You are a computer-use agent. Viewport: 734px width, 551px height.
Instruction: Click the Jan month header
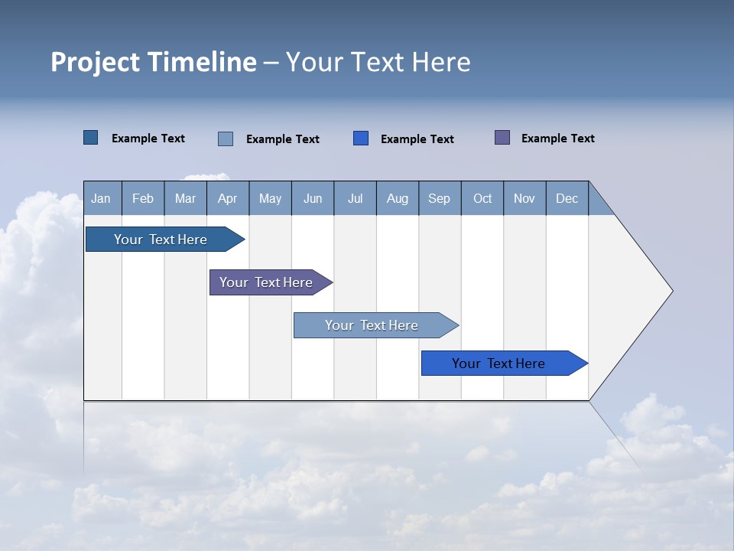point(102,198)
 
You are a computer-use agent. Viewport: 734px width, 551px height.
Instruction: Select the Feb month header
point(143,198)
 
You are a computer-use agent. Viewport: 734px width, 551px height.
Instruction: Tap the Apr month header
point(227,198)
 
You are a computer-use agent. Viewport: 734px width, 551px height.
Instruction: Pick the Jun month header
point(313,198)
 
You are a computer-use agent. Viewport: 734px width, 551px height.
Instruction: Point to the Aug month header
point(397,198)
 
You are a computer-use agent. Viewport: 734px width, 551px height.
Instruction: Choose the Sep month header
point(439,198)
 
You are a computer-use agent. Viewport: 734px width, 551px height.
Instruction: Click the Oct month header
point(482,198)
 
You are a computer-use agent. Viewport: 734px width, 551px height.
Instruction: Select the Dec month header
point(567,198)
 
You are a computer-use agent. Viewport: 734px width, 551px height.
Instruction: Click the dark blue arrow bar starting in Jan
point(161,240)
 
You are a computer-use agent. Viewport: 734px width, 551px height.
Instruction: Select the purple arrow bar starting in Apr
point(266,282)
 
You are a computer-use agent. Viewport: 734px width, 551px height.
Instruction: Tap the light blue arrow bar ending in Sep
point(372,325)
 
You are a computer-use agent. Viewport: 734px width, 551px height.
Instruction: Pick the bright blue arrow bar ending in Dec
point(499,364)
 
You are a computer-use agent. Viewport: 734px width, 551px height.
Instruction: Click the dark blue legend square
point(91,138)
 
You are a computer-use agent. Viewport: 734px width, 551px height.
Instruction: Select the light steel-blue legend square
point(226,139)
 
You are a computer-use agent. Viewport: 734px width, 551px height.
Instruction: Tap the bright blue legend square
point(361,139)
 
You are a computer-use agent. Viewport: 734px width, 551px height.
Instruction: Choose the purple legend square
point(502,138)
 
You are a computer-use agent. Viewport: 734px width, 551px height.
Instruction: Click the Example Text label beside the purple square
point(557,139)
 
